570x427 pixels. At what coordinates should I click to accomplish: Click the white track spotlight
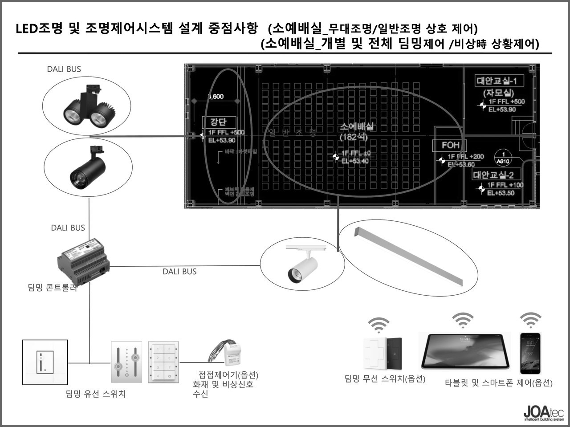[302, 265]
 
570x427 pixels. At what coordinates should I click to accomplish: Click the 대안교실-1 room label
[500, 81]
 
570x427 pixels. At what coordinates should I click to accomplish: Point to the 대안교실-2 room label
[493, 175]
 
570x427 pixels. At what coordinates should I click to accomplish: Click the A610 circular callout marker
[503, 157]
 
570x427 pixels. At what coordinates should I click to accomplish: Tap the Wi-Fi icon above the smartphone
[531, 320]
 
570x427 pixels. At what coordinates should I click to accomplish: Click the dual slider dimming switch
[126, 362]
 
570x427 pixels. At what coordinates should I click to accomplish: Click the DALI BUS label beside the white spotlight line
[179, 272]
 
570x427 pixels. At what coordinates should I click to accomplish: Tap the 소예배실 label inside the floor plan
[357, 126]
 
